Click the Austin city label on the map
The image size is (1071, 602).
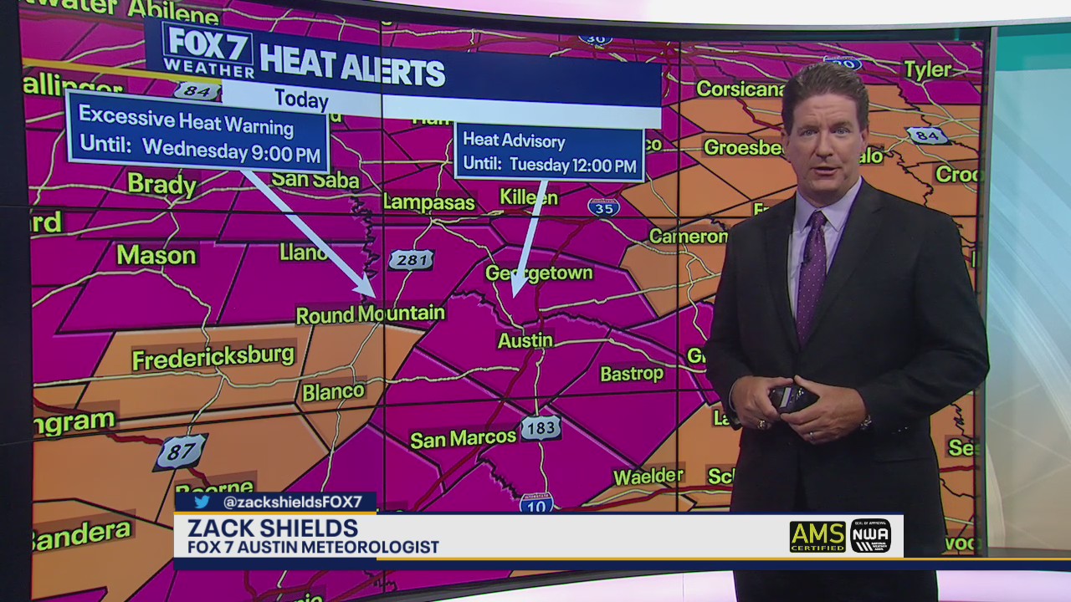point(525,340)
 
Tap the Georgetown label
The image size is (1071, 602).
point(539,273)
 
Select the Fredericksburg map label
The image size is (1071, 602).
point(213,357)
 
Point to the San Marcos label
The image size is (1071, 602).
point(463,438)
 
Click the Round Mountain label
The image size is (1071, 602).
point(371,314)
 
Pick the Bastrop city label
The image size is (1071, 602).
point(632,374)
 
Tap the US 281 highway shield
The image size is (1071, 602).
point(411,260)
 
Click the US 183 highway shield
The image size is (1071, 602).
point(541,428)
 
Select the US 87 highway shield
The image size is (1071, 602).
point(181,451)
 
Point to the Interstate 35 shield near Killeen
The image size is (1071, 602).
point(603,207)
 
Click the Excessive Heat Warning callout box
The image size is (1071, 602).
point(198,134)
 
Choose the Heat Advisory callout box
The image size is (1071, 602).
point(549,152)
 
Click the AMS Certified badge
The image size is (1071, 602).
point(817,536)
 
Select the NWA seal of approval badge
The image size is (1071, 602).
point(870,536)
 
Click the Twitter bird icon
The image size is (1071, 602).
point(202,502)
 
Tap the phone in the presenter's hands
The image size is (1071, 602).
point(792,397)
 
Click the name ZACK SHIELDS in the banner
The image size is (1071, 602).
point(273,528)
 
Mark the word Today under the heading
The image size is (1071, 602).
point(301,100)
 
